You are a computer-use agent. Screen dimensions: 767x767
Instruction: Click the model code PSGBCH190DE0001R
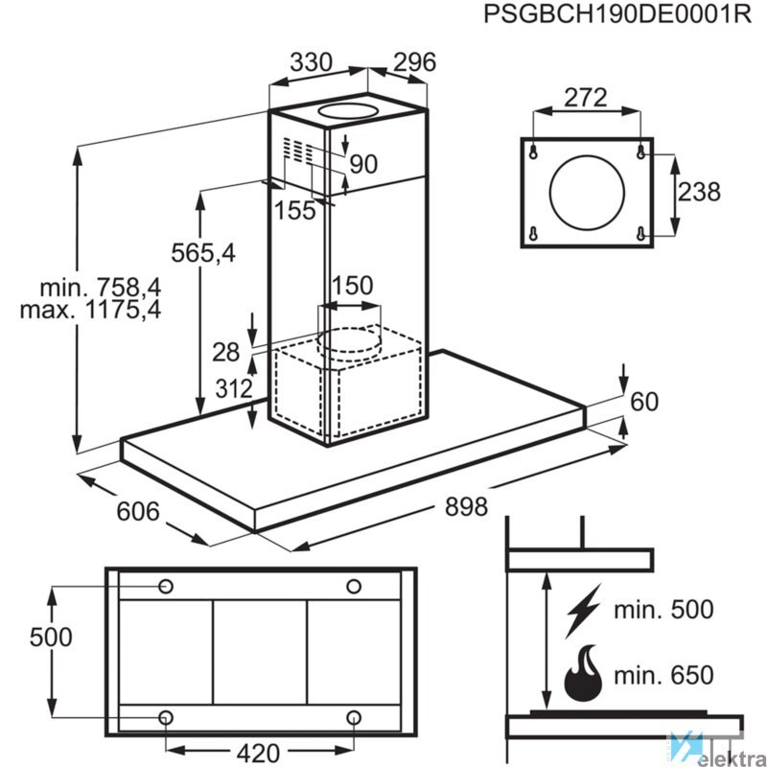(x=614, y=16)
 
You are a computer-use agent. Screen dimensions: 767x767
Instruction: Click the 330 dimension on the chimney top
(x=311, y=62)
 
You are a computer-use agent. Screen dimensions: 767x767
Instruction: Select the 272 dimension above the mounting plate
(x=586, y=98)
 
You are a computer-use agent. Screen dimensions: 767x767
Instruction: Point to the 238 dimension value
(x=699, y=192)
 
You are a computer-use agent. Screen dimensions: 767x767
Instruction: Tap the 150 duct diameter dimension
(x=351, y=286)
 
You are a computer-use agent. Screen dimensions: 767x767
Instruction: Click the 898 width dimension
(x=467, y=505)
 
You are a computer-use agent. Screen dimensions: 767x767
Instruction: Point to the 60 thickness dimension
(x=645, y=403)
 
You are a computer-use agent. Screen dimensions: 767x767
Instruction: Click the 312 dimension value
(x=233, y=389)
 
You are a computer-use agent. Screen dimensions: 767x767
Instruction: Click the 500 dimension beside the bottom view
(x=51, y=637)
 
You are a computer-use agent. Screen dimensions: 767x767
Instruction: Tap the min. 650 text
(x=664, y=675)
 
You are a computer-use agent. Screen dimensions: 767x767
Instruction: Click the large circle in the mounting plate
(x=587, y=193)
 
